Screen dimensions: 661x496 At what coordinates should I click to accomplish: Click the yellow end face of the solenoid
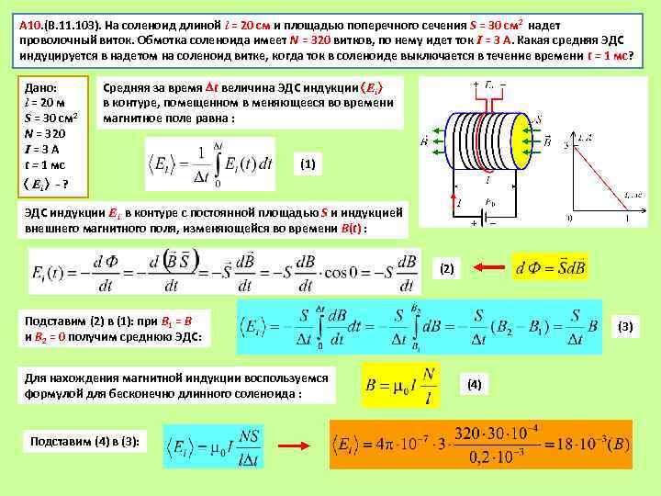tap(519, 142)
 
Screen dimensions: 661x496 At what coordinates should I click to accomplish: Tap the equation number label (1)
tap(308, 164)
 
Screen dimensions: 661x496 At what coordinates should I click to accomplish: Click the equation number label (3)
tap(625, 326)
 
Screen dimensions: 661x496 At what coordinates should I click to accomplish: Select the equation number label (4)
tap(474, 383)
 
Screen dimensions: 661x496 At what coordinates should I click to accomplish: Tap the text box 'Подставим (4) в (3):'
tap(85, 442)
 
